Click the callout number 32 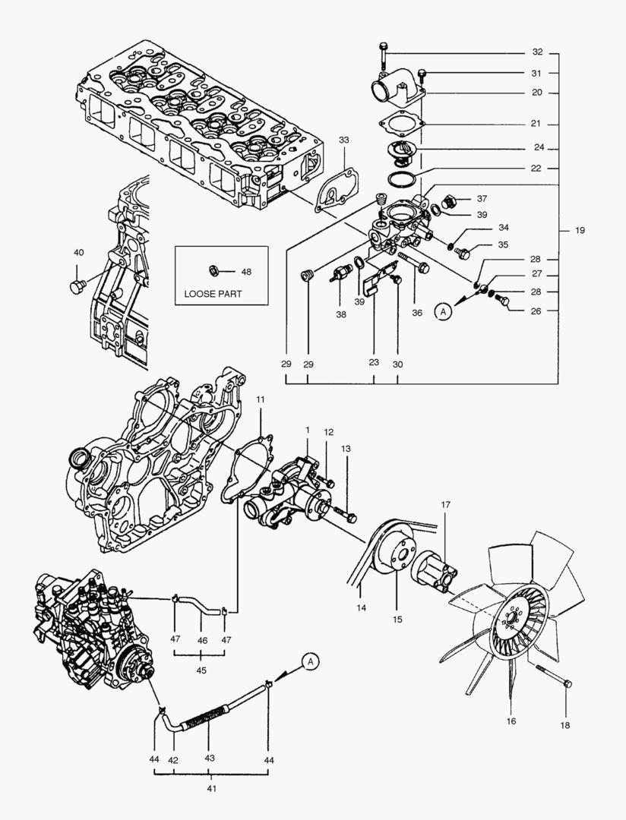click(537, 52)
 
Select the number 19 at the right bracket click(580, 230)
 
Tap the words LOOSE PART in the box click(213, 293)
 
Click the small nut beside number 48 click(215, 271)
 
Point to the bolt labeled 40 click(76, 286)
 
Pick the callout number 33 click(344, 140)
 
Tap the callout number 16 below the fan click(511, 721)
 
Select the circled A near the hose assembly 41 click(310, 661)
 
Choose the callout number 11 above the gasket click(260, 399)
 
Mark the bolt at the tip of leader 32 click(382, 52)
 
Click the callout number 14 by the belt click(361, 608)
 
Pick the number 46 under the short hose click(201, 639)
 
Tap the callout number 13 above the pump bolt click(346, 449)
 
